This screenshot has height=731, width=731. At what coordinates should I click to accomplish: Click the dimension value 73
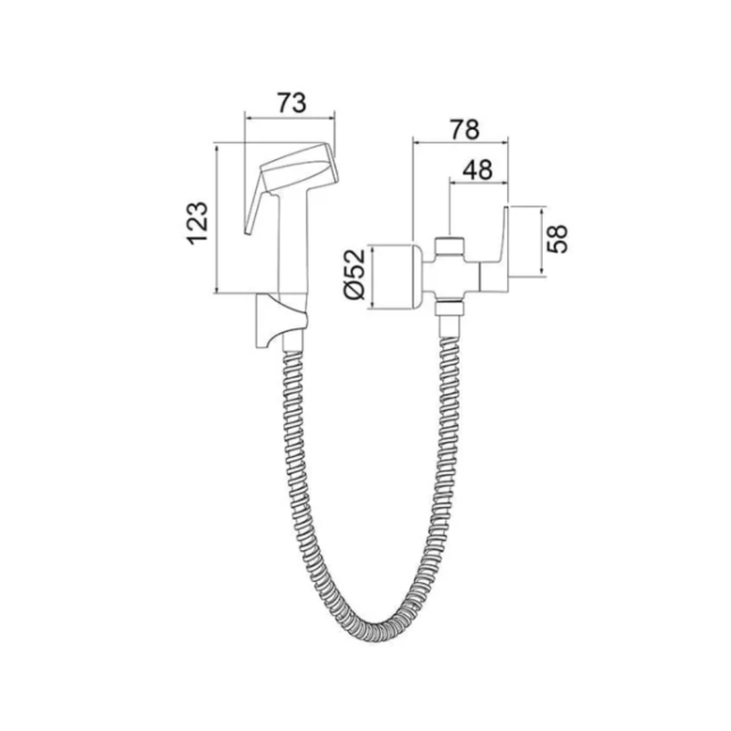pyautogui.click(x=291, y=103)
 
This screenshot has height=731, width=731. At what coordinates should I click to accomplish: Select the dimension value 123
pyautogui.click(x=197, y=223)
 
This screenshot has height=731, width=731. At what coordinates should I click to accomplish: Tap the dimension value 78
pyautogui.click(x=464, y=130)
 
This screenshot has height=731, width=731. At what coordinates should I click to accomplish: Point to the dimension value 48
pyautogui.click(x=477, y=170)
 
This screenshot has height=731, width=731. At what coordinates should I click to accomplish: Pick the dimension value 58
pyautogui.click(x=557, y=239)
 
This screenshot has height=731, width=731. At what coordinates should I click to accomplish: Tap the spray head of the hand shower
pyautogui.click(x=300, y=168)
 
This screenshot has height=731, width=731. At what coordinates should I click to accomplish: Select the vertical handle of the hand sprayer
pyautogui.click(x=293, y=242)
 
